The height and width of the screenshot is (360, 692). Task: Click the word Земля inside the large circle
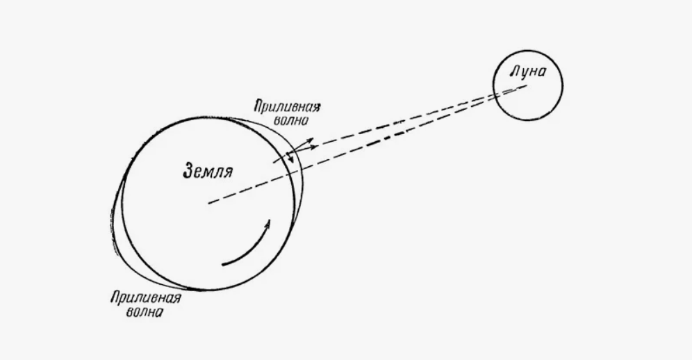tap(208, 170)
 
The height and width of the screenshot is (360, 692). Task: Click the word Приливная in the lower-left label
tap(145, 298)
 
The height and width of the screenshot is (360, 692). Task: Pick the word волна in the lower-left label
tap(145, 312)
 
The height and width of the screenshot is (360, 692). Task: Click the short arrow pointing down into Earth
tap(290, 156)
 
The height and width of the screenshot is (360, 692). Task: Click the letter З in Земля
tap(188, 170)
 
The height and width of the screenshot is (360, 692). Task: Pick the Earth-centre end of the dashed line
tap(208, 204)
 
